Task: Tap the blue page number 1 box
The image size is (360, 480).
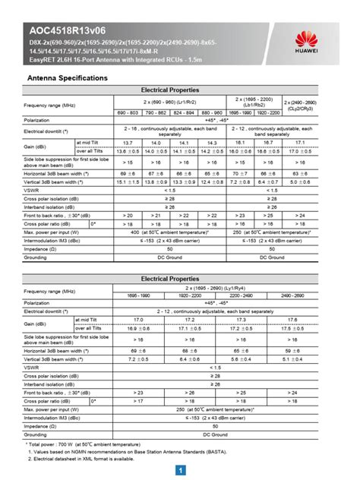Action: (179, 470)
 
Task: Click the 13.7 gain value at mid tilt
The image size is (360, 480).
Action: (127, 143)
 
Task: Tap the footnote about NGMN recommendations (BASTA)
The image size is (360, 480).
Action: (137, 451)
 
